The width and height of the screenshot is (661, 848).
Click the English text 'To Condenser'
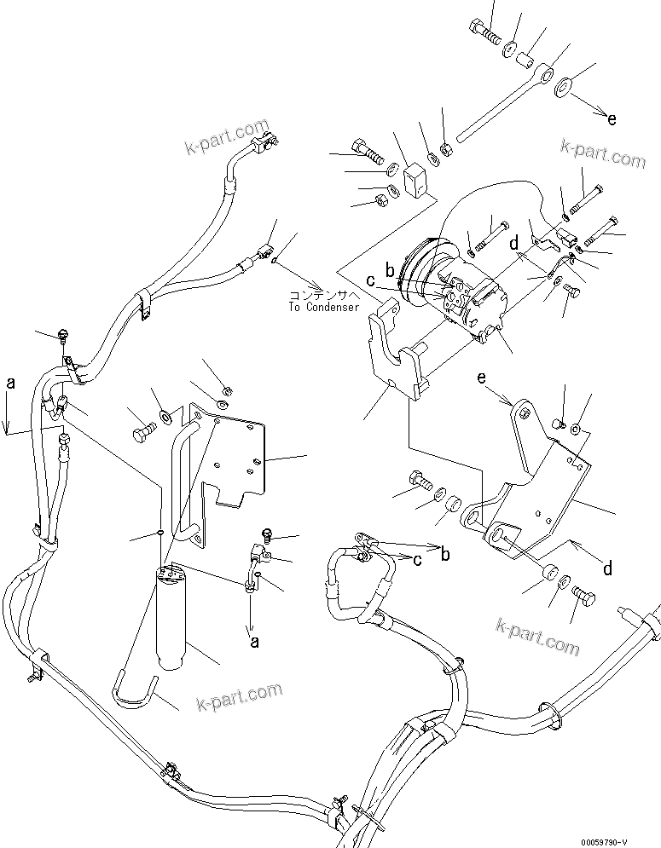click(324, 307)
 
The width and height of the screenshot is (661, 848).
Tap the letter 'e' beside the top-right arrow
click(611, 119)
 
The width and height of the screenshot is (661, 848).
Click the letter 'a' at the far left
click(10, 384)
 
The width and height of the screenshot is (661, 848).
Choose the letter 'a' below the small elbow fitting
click(253, 643)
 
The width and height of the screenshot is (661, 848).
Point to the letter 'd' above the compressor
click(513, 243)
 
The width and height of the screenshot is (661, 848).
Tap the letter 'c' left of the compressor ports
click(370, 280)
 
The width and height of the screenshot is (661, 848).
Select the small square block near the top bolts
click(416, 180)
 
